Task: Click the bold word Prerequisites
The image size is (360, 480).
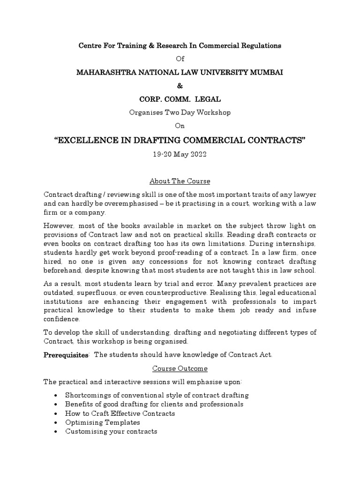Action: coord(66,355)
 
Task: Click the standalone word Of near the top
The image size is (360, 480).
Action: coord(180,59)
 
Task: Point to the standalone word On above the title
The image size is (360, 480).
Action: coord(180,126)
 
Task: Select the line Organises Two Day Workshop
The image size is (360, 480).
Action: coord(180,112)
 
